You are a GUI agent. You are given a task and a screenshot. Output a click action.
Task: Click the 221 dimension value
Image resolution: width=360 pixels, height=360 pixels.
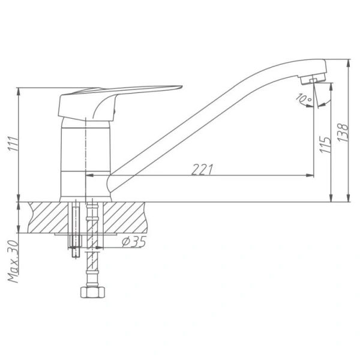click(202, 169)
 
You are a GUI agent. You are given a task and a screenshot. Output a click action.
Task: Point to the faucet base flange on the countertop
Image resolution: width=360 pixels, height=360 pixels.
click(86, 197)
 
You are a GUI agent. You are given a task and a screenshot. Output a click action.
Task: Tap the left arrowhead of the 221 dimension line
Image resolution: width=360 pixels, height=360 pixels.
click(91, 175)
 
